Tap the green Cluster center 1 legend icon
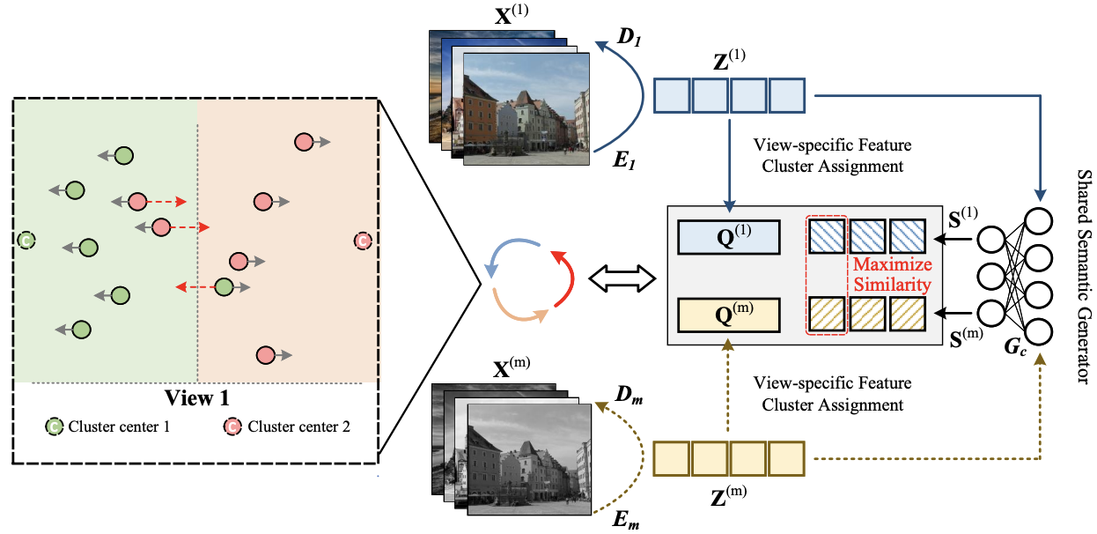(54, 427)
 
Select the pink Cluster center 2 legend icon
(232, 427)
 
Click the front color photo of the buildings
(526, 108)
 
